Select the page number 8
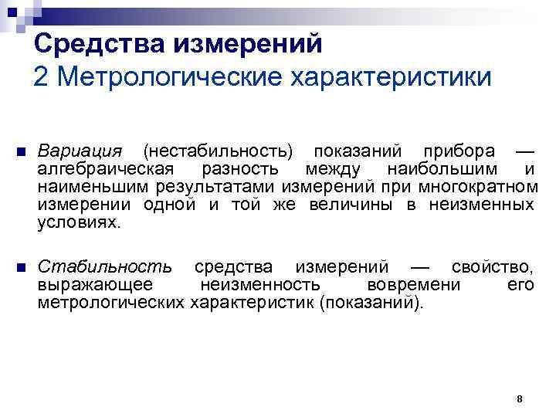coord(520,398)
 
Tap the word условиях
coord(79,223)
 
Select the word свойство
coord(495,267)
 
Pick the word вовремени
coord(417,286)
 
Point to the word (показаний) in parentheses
coord(371,304)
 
